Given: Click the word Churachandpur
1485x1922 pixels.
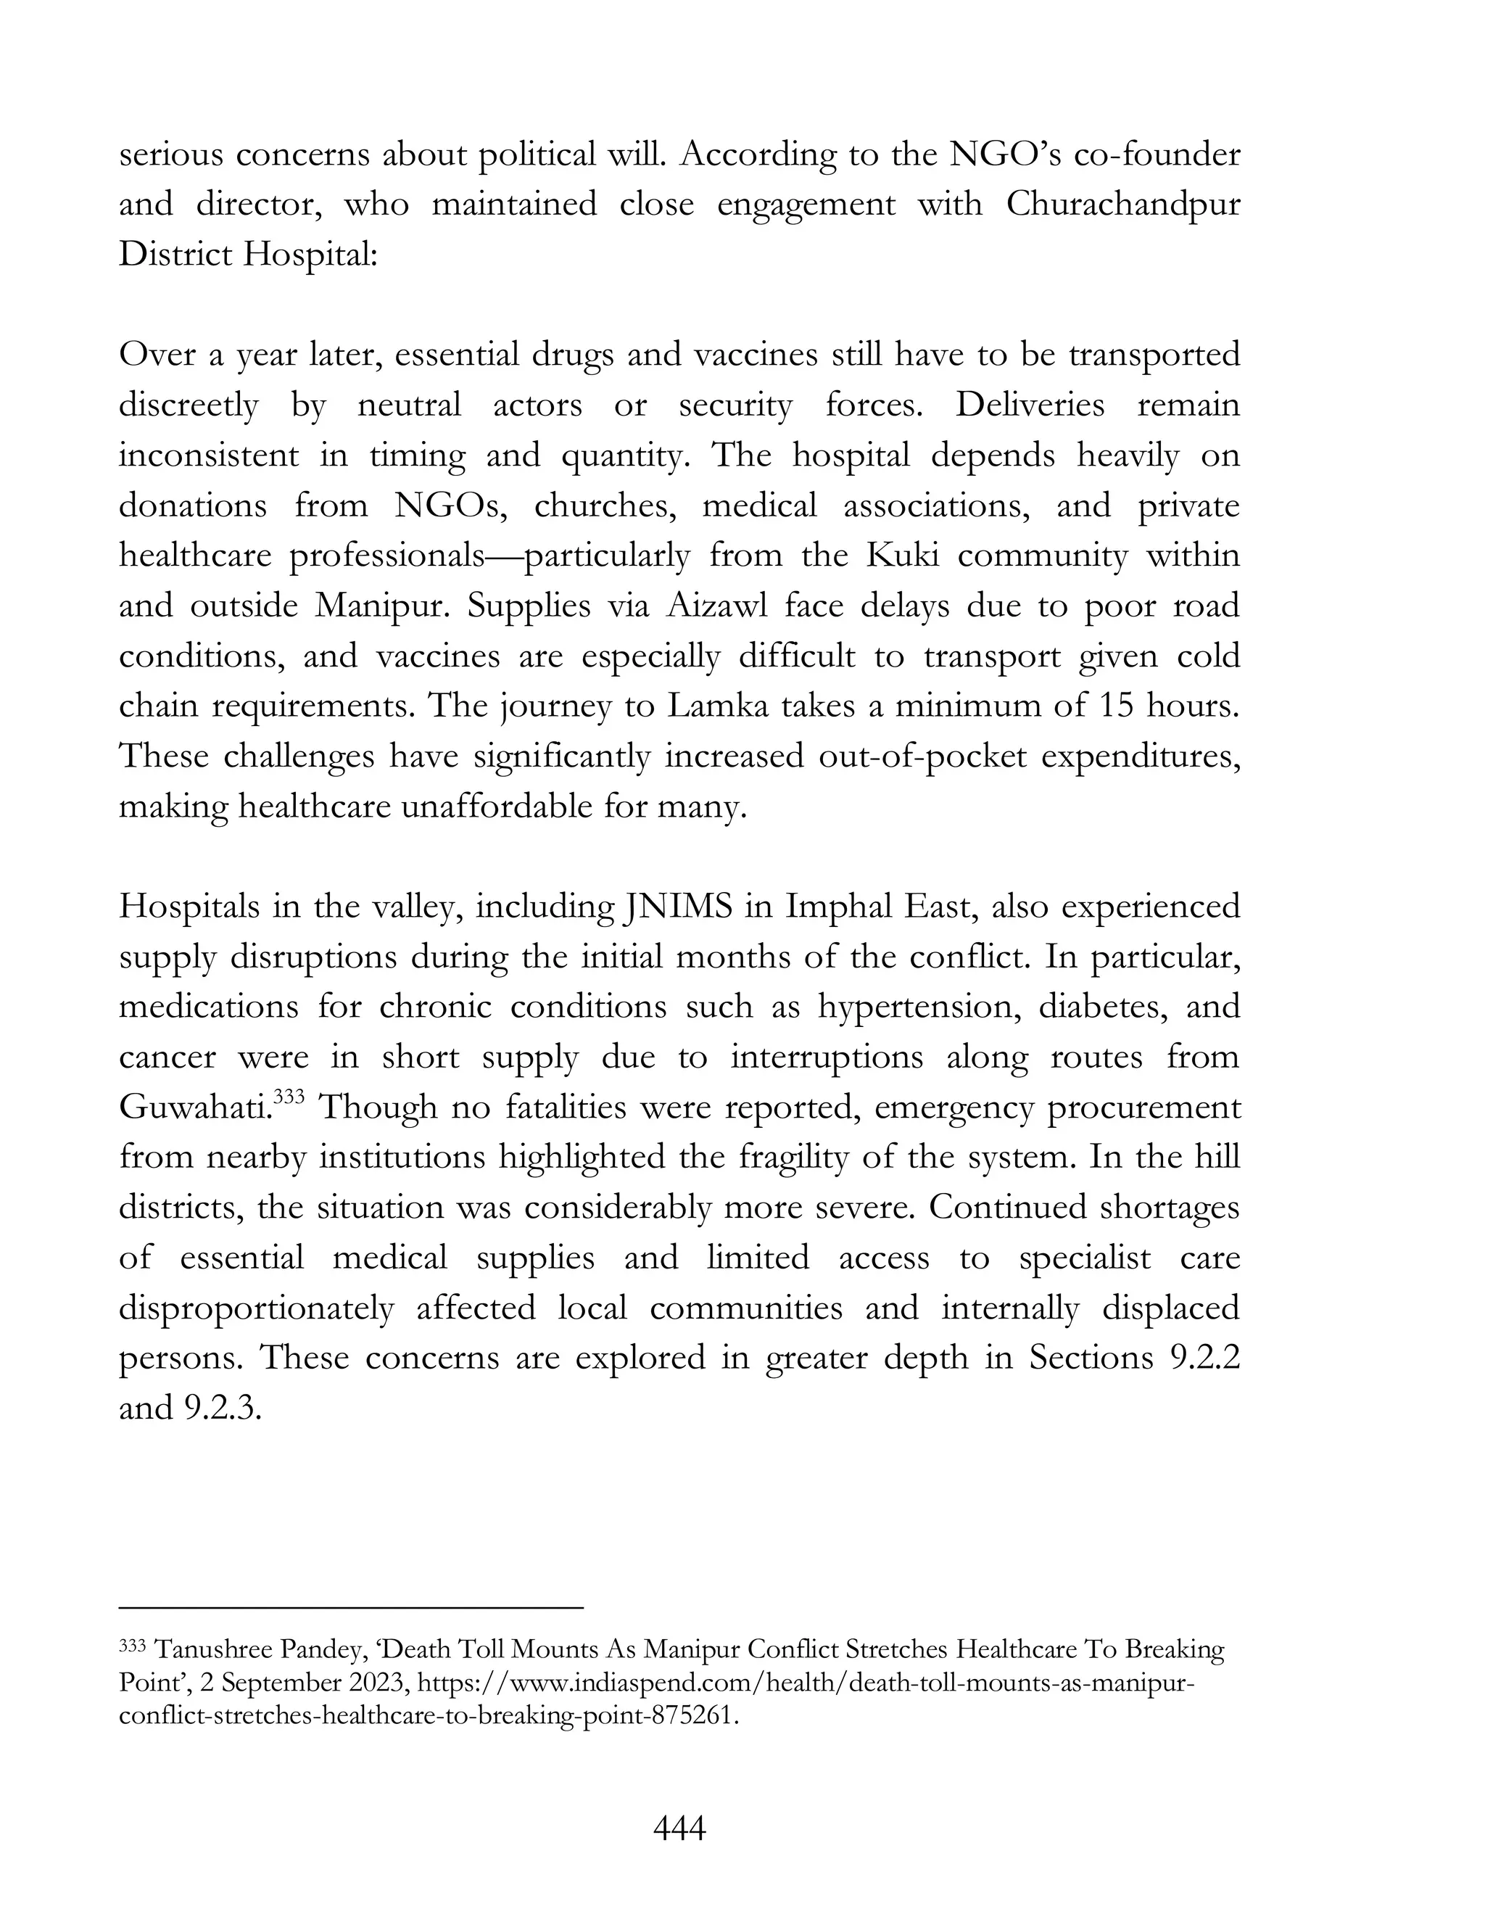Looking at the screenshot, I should click(1123, 205).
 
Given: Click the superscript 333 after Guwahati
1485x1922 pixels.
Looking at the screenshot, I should click(289, 1097).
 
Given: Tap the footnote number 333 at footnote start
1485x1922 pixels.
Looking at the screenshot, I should click(133, 1646).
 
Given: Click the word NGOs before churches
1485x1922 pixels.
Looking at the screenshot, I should click(448, 506).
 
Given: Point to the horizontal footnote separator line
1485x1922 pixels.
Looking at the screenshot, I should click(351, 1608).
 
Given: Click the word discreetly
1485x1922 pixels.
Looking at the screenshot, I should click(189, 405).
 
